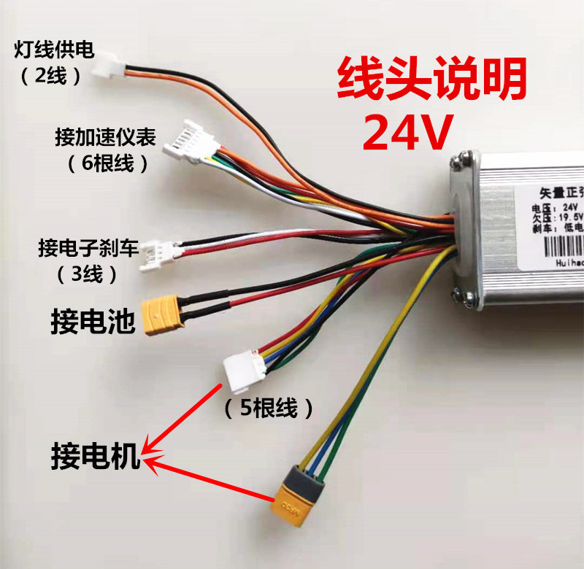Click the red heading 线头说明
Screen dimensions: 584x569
click(431, 82)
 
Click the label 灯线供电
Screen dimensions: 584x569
click(54, 51)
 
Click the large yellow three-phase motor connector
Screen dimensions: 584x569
click(300, 500)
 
